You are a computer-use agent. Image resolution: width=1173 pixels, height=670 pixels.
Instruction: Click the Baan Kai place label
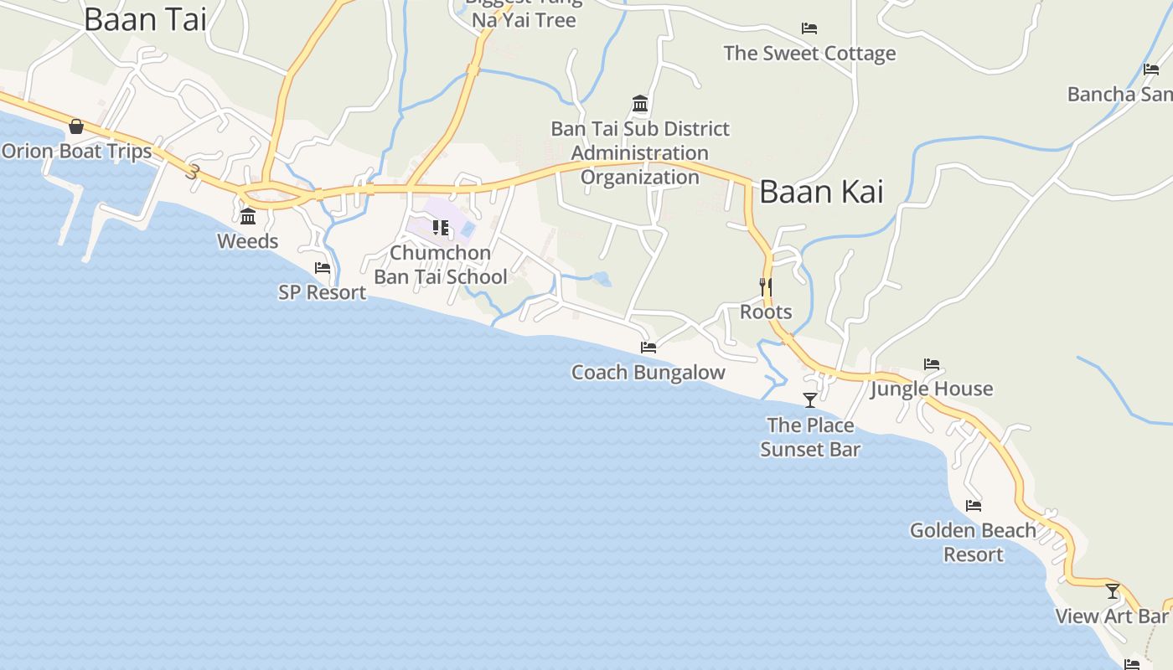click(821, 192)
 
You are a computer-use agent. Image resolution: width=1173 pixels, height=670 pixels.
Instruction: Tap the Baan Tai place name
click(145, 19)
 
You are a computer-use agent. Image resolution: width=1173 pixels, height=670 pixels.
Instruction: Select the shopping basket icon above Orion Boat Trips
click(76, 126)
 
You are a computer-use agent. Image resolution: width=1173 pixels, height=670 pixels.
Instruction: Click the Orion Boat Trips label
click(77, 152)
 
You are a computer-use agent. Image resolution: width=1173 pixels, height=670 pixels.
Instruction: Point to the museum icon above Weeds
click(248, 217)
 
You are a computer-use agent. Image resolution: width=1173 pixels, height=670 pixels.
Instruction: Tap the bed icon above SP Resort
click(323, 268)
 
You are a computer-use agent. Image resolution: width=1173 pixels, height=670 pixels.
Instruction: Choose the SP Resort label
click(323, 292)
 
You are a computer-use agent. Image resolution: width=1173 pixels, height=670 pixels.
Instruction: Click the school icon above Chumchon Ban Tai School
click(441, 227)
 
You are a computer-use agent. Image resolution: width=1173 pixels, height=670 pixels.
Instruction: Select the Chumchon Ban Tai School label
click(441, 265)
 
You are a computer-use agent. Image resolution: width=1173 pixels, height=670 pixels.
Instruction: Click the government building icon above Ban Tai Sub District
click(641, 104)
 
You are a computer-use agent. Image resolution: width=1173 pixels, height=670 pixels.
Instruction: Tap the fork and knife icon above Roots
click(765, 286)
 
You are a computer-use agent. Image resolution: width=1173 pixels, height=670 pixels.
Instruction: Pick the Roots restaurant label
click(766, 312)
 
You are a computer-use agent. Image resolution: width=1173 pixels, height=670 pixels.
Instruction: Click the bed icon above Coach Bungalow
click(649, 348)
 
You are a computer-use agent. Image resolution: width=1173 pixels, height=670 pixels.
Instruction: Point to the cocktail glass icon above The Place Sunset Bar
click(810, 400)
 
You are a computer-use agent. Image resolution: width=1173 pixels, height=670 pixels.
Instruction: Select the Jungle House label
click(932, 389)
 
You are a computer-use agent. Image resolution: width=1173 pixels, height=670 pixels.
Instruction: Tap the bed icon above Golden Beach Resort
click(974, 506)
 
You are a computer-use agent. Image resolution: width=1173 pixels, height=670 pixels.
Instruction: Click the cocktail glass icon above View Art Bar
click(1113, 591)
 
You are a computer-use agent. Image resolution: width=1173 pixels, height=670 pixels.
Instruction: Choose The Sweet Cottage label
click(809, 54)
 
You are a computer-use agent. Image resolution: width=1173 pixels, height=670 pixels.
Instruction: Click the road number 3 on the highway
click(194, 172)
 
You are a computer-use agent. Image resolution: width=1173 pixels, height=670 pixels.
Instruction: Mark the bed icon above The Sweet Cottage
click(809, 28)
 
